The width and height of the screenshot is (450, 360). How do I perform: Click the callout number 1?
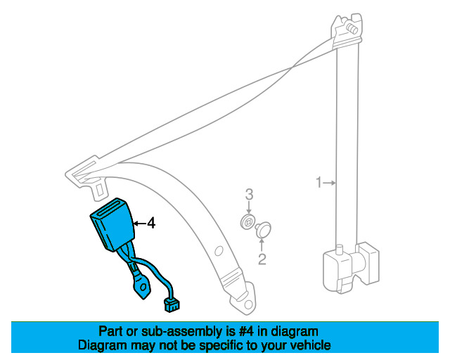pos(318,184)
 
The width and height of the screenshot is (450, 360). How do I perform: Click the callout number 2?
pos(262,260)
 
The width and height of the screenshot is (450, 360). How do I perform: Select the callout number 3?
pos(248,194)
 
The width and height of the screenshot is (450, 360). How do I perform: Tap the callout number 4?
pos(150,224)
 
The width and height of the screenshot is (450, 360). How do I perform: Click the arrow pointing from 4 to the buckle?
pos(139,224)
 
